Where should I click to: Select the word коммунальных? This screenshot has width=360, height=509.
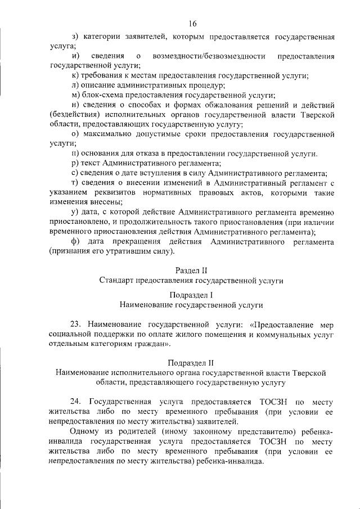click(x=258, y=334)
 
